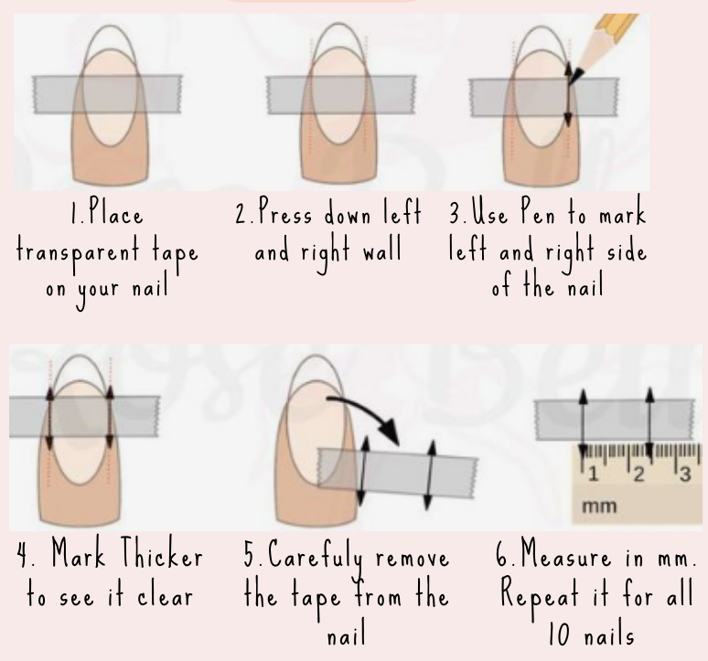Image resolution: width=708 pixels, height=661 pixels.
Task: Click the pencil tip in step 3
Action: click(x=571, y=83)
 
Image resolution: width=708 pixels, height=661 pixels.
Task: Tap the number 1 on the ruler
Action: click(x=593, y=474)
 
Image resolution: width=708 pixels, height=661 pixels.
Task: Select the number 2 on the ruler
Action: click(x=638, y=474)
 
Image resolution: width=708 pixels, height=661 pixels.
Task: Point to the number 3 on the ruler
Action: click(x=685, y=474)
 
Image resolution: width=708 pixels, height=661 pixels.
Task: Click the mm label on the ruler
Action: click(x=599, y=506)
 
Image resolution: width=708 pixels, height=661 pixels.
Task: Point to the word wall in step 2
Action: click(x=382, y=249)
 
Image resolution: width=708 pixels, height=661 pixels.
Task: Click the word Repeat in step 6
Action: click(x=540, y=594)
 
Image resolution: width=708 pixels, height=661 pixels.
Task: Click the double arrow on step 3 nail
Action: click(x=568, y=94)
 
